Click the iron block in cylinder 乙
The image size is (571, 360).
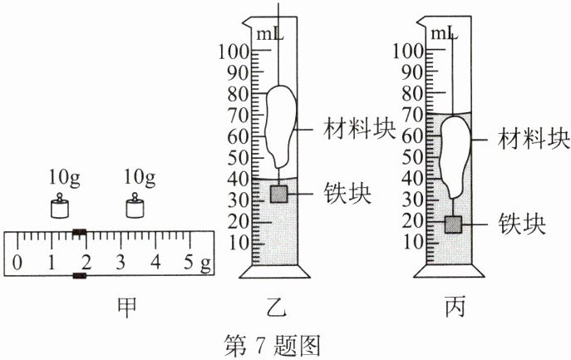click(279, 194)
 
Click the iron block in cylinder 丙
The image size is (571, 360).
click(453, 224)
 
